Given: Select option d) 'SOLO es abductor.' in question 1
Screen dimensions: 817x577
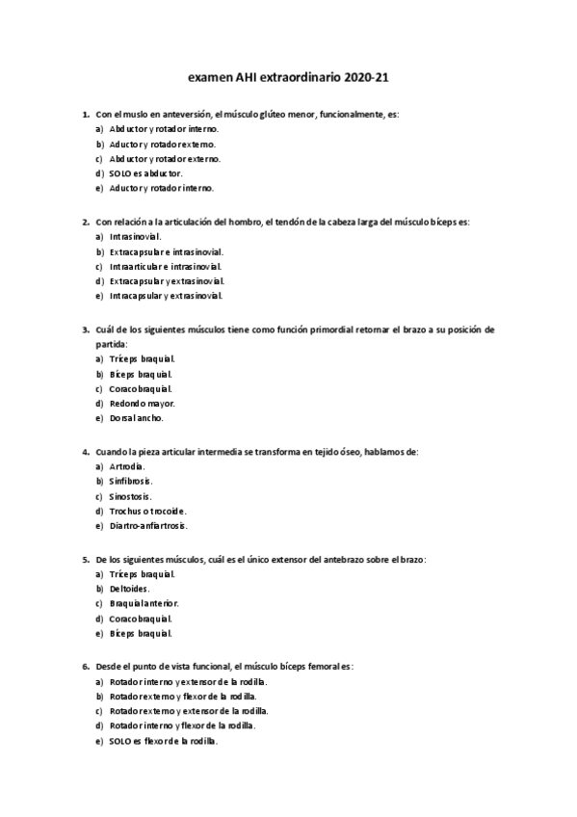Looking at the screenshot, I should (145, 173).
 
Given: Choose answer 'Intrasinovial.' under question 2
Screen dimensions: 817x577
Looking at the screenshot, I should (136, 236).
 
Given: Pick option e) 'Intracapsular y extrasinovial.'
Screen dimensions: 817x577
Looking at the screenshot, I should (167, 296).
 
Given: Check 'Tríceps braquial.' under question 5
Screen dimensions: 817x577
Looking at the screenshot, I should (143, 573).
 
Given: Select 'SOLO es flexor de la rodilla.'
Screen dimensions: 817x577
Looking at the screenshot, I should (164, 741).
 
